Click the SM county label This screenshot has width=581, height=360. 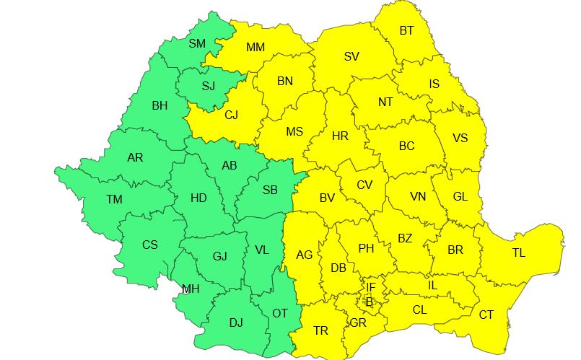[197, 43]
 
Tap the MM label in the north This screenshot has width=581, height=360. [255, 48]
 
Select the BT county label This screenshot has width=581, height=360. [406, 30]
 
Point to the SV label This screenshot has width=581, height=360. [351, 56]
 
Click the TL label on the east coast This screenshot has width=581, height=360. [519, 253]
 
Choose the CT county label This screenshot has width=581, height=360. [486, 315]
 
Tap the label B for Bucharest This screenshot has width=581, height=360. [369, 302]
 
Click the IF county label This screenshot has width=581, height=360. [370, 288]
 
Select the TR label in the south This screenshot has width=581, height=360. [321, 331]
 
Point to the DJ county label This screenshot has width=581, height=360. [236, 322]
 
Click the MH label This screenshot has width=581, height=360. [191, 289]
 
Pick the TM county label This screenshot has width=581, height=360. [114, 199]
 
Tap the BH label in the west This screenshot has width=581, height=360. [160, 105]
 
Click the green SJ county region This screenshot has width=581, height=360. [209, 87]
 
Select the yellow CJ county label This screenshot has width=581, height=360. [231, 114]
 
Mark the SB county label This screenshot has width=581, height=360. [270, 190]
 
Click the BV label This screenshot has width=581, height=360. [327, 197]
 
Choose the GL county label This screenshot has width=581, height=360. [460, 196]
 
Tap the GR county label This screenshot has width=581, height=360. [357, 322]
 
